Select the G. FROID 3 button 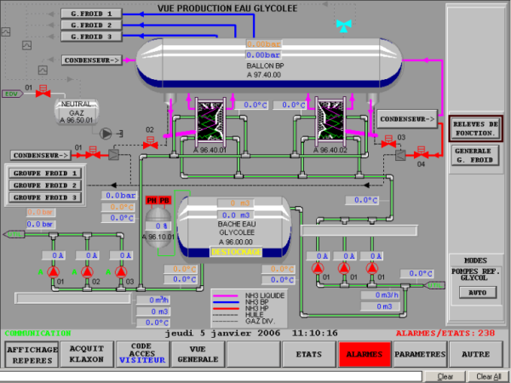pos(91,37)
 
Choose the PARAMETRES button pos(421,353)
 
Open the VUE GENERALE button pos(197,354)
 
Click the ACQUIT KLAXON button pos(86,354)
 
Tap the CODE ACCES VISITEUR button pos(141,354)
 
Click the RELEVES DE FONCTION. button pos(475,129)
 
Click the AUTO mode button pos(475,292)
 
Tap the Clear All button pos(488,375)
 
